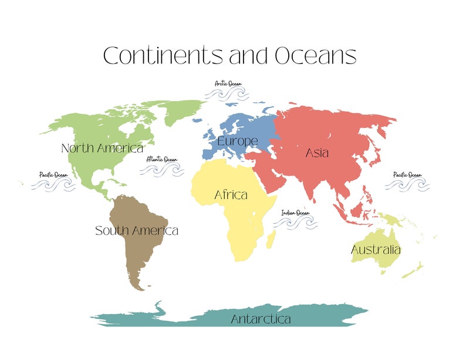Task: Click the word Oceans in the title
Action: pos(315,56)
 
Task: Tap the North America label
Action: pos(102,149)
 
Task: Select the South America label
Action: pos(137,231)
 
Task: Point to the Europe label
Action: pos(237,142)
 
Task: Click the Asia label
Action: pos(317,153)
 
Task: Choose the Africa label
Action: pos(231,194)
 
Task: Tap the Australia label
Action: pos(376,250)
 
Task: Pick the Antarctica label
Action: pos(261,319)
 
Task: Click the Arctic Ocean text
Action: pos(228,84)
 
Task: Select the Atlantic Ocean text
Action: pos(161,159)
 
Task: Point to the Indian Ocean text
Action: pos(295,213)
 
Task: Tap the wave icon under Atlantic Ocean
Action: pos(161,170)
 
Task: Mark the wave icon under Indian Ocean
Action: pos(295,224)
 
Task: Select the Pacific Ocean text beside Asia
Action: pos(407,175)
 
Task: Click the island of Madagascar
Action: pos(272,239)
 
